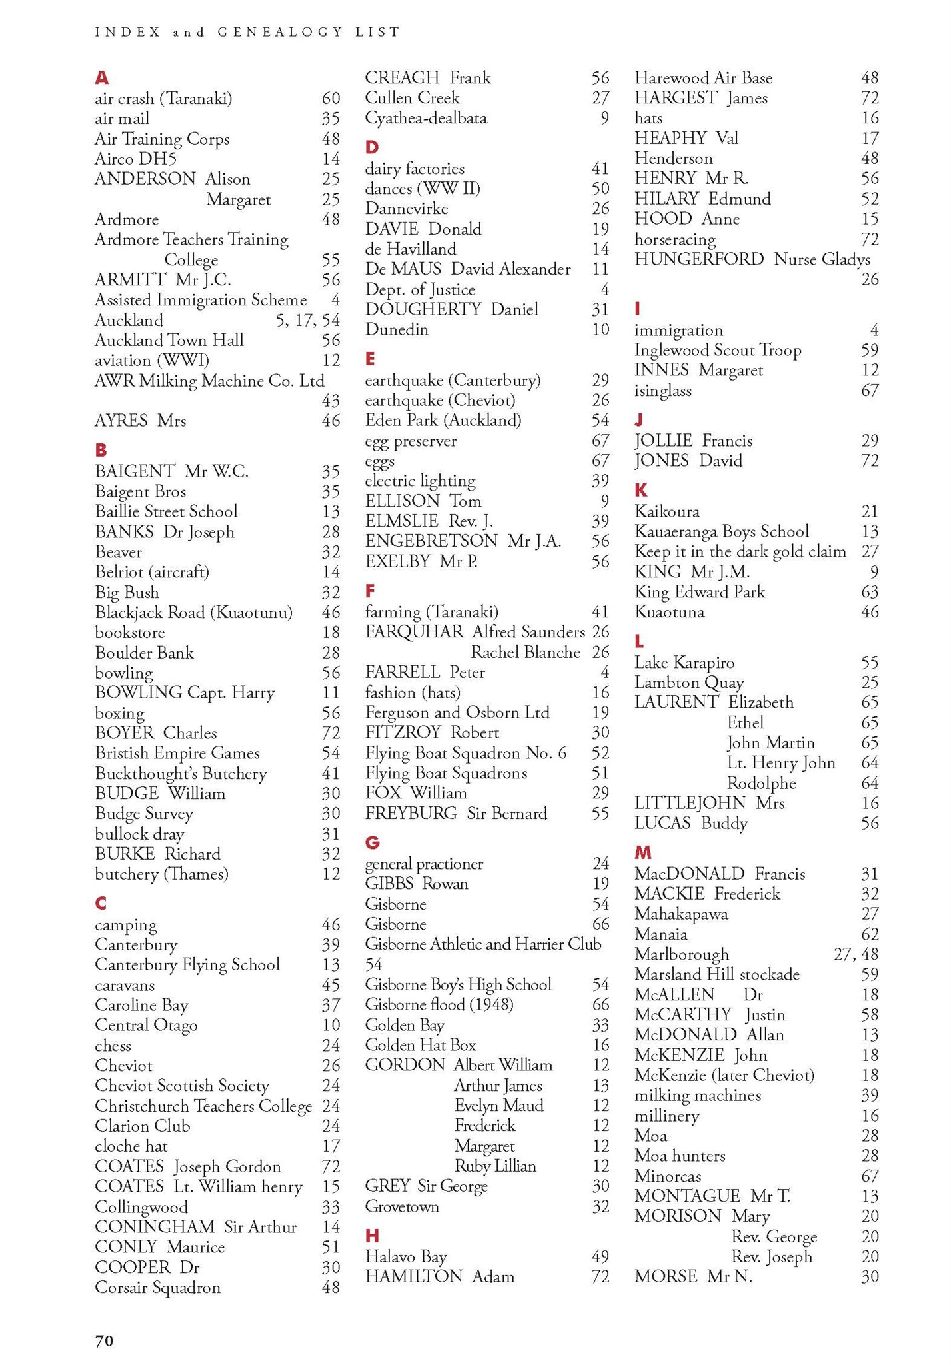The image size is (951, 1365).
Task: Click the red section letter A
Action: tap(101, 78)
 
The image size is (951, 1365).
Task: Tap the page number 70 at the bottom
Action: tap(105, 1340)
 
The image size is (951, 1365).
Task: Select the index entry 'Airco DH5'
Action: tap(135, 159)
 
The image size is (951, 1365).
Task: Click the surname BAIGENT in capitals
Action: tap(135, 471)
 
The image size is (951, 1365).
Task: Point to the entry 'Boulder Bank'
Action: tap(144, 653)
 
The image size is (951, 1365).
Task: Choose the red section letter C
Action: tap(101, 904)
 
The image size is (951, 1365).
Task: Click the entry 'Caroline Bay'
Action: tap(141, 1005)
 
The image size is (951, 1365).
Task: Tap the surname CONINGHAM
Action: tap(155, 1226)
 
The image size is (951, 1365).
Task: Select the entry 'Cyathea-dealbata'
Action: tap(426, 118)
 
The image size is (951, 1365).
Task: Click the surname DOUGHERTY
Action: tap(423, 309)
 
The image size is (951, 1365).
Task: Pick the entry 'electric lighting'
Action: tap(420, 481)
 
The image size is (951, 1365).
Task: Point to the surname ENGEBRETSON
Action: tap(431, 541)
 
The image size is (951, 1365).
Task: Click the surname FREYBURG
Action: tap(411, 813)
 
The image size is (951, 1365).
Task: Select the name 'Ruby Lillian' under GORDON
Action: tap(495, 1166)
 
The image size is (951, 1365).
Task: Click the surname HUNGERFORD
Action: tap(699, 259)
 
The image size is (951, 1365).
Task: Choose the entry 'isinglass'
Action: tap(663, 391)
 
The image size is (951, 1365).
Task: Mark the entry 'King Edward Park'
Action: tap(700, 592)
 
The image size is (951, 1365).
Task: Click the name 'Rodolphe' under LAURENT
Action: tap(761, 783)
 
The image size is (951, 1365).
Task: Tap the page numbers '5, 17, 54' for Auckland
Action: tap(307, 321)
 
